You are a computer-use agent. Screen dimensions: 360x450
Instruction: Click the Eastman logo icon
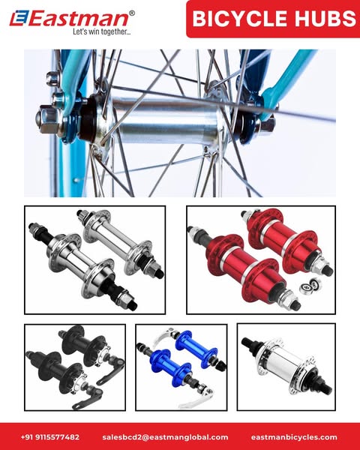(x=19, y=18)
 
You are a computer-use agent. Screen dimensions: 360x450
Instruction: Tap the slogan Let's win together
(x=102, y=31)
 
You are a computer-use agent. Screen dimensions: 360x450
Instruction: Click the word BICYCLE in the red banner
(x=240, y=18)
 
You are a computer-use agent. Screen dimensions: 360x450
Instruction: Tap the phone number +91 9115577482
(x=50, y=437)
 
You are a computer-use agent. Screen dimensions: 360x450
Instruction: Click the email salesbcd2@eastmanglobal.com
(x=165, y=437)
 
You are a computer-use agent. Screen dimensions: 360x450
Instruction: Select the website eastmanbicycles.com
(x=294, y=437)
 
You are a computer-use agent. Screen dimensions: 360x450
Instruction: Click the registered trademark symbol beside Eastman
(x=132, y=13)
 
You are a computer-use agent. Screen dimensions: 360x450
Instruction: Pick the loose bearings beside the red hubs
(x=310, y=286)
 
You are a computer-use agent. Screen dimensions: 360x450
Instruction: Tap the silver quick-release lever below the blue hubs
(x=199, y=397)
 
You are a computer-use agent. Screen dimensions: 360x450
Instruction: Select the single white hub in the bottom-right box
(x=286, y=364)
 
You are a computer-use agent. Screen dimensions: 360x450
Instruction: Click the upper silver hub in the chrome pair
(x=121, y=241)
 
